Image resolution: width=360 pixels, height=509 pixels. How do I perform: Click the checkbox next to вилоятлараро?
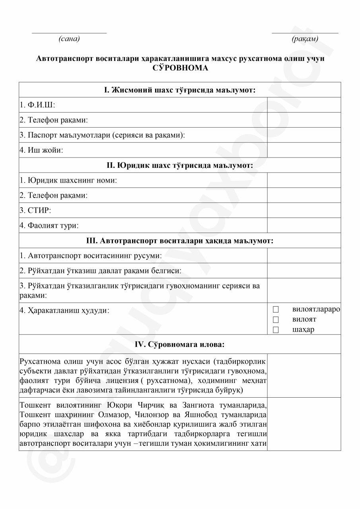pyautogui.click(x=276, y=309)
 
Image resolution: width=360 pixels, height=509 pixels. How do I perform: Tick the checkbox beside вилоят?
pyautogui.click(x=276, y=319)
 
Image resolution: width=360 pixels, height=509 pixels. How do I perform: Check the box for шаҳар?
pyautogui.click(x=276, y=330)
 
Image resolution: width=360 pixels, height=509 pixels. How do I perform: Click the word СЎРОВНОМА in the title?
pyautogui.click(x=180, y=68)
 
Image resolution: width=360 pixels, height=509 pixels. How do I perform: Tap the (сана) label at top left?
pyautogui.click(x=69, y=39)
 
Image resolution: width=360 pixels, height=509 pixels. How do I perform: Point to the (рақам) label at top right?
pyautogui.click(x=305, y=39)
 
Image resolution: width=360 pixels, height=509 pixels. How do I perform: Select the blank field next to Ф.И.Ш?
pyautogui.click(x=304, y=105)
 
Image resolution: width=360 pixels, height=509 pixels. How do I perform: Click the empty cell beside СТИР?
pyautogui.click(x=304, y=210)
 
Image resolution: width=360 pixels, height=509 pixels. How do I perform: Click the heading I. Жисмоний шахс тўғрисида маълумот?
pyautogui.click(x=180, y=90)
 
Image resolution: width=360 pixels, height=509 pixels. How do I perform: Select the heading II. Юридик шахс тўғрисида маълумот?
pyautogui.click(x=180, y=165)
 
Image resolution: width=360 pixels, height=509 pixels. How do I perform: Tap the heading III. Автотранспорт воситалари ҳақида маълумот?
pyautogui.click(x=180, y=241)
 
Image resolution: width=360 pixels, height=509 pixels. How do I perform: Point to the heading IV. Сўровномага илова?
pyautogui.click(x=180, y=344)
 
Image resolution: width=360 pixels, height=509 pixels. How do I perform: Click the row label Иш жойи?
pyautogui.click(x=41, y=150)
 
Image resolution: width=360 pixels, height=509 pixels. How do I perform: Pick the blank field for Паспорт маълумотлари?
pyautogui.click(x=304, y=135)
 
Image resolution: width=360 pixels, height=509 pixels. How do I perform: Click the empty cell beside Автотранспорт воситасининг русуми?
pyautogui.click(x=304, y=256)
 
